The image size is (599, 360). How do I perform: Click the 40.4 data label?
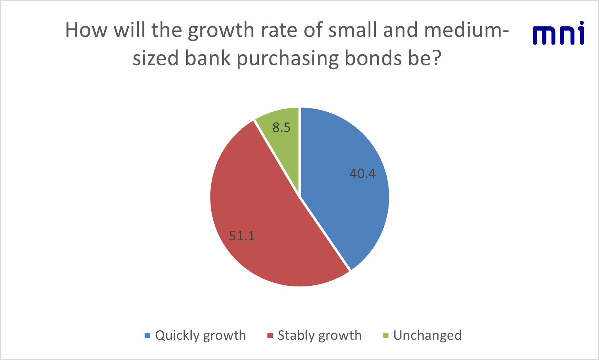coord(363,174)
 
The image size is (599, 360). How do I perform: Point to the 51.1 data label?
coord(242,236)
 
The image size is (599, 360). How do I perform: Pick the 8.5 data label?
coord(281,128)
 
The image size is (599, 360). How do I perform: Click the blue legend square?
coord(147,335)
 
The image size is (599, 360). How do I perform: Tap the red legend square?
coord(270,335)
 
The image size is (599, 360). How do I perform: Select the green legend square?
coord(385,335)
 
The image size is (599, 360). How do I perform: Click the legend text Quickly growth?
coord(200,336)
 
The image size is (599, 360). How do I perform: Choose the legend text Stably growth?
coord(320,336)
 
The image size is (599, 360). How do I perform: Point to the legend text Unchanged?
coord(428,335)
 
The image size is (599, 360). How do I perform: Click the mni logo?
coord(558,33)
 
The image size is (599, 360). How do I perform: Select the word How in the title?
coord(86,30)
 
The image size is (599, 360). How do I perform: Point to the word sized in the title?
coord(155,58)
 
